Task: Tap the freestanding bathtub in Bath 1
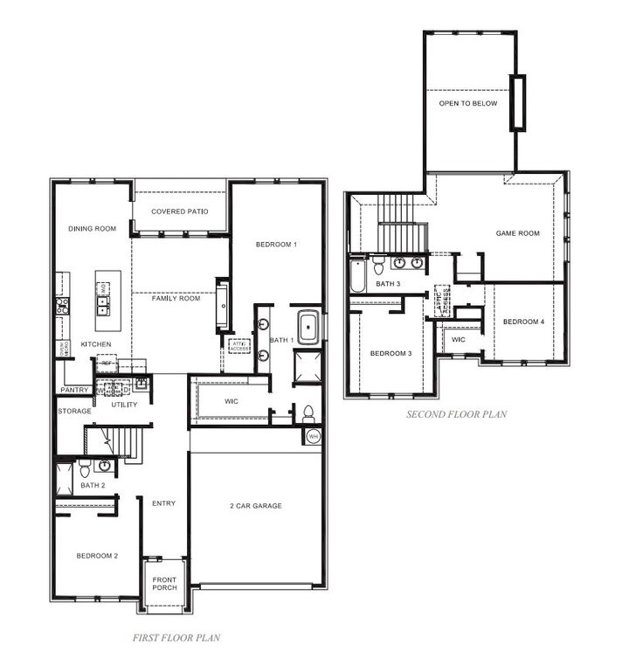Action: click(308, 327)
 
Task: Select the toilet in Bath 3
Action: click(377, 263)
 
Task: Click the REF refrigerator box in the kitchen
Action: click(106, 363)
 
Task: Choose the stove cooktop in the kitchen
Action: click(62, 306)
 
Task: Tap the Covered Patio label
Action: click(179, 211)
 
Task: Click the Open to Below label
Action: click(468, 103)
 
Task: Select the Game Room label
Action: click(518, 233)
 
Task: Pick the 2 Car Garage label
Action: click(255, 505)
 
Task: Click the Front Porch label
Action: click(164, 582)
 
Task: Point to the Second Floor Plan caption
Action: click(456, 414)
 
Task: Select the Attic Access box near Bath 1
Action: click(239, 346)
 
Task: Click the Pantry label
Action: click(75, 390)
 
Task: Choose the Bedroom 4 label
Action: click(523, 322)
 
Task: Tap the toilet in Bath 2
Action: click(85, 472)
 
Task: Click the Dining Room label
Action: click(93, 229)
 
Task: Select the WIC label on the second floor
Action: click(458, 339)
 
